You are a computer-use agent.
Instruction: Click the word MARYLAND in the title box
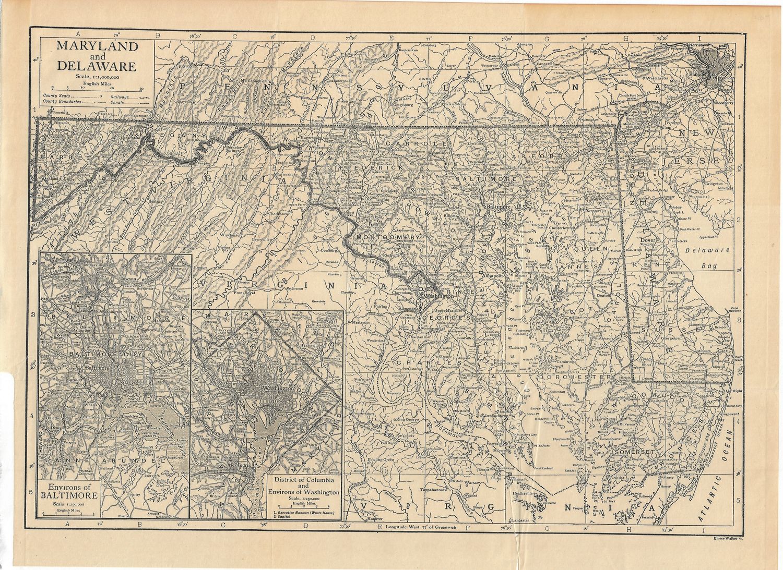97,45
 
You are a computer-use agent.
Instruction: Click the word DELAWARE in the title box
97,66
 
